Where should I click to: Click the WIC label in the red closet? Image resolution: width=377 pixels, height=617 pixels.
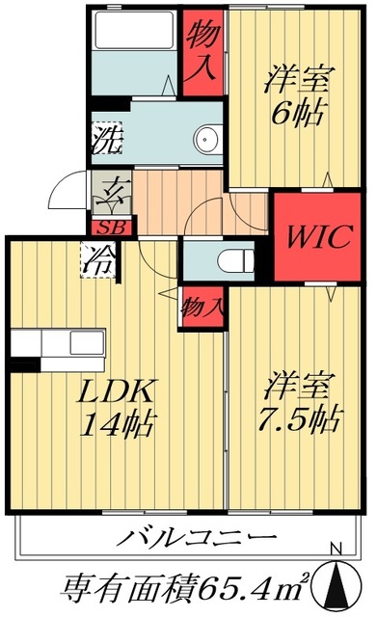coord(313,236)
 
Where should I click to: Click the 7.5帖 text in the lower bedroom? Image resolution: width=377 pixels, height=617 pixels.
coord(300,419)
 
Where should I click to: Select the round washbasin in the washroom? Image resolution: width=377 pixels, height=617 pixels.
coord(206,139)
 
